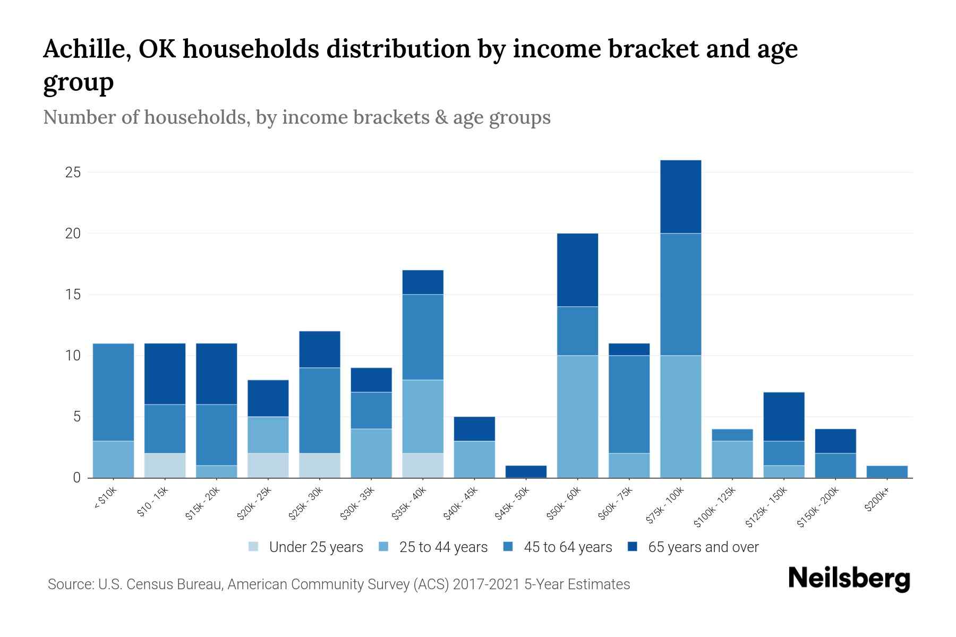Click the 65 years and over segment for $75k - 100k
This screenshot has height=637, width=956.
coord(680,197)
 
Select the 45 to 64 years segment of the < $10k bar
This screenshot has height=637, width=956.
coord(113,392)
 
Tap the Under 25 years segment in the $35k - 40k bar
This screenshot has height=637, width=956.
coord(423,466)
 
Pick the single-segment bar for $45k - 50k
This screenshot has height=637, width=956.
coord(526,472)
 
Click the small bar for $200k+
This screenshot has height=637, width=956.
coord(887,472)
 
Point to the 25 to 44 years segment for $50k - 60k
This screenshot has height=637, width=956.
coord(577,417)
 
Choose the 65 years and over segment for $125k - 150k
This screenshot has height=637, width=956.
coord(784,417)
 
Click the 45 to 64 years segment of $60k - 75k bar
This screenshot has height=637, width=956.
coord(629,404)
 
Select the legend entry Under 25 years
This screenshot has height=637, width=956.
coord(316,547)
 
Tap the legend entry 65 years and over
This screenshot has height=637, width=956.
coord(703,547)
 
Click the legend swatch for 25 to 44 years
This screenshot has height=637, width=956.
coord(383,547)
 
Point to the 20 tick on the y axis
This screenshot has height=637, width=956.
coord(73,234)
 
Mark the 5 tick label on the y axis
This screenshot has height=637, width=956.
coord(76,417)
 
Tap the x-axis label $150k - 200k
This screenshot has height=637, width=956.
coord(819,507)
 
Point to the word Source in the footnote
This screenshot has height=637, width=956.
coord(70,584)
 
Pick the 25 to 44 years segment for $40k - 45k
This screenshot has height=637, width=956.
coord(474,460)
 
